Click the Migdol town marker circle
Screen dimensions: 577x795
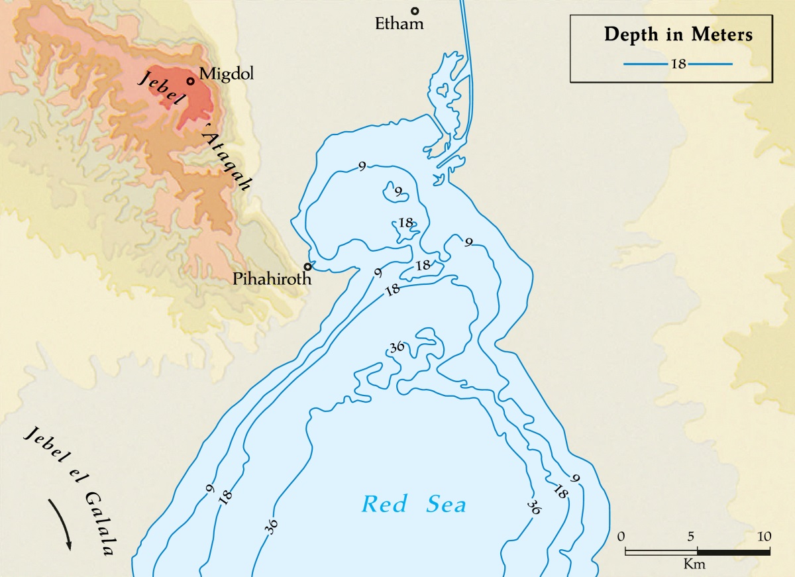[x=190, y=81]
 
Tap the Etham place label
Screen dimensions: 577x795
[x=399, y=25]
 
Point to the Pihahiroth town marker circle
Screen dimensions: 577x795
[x=307, y=267]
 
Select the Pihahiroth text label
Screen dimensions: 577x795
[x=272, y=279]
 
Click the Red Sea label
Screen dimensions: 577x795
[x=414, y=504]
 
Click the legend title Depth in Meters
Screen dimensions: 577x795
[x=678, y=34]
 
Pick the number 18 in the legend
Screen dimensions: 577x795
[x=678, y=64]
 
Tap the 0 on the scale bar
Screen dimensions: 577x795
[x=621, y=535]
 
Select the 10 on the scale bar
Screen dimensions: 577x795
[x=764, y=535]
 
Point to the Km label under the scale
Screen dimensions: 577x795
[x=695, y=564]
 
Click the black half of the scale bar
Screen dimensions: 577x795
[x=733, y=551]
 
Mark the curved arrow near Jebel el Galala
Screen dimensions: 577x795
[x=61, y=521]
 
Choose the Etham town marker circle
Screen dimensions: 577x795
[x=415, y=11]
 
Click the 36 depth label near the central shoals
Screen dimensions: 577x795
[x=397, y=348]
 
